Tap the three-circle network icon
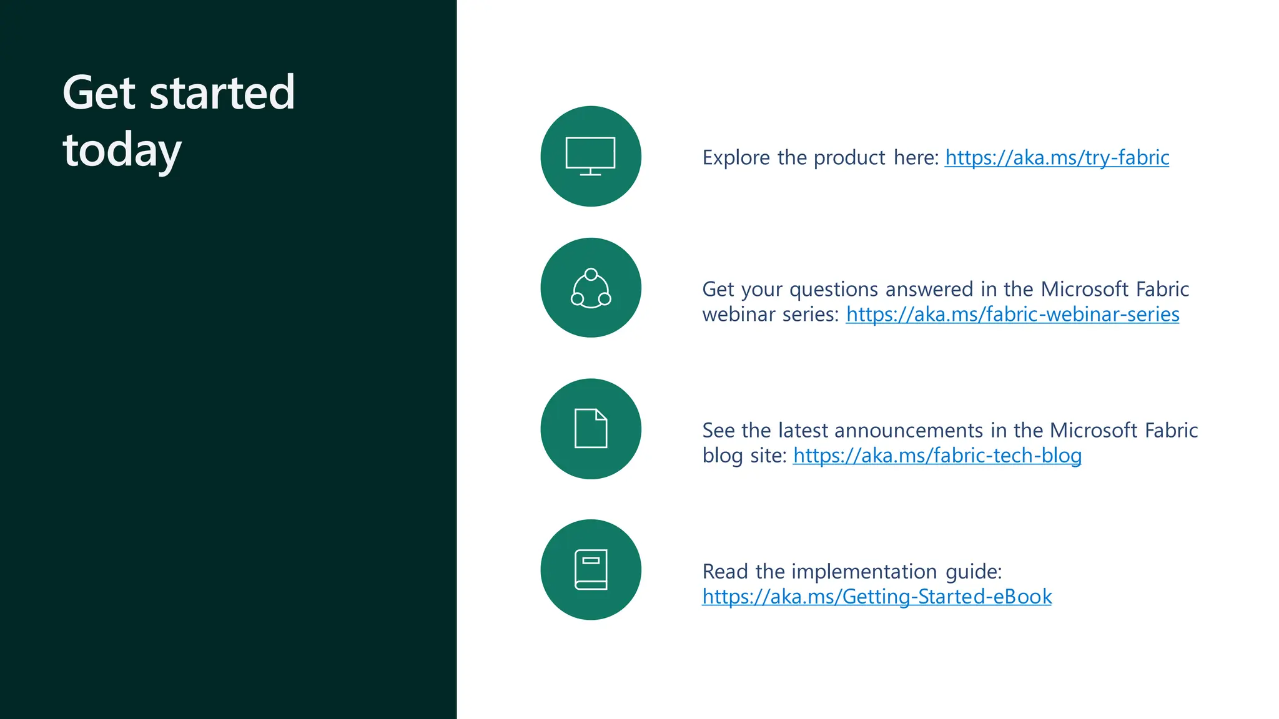pyautogui.click(x=591, y=288)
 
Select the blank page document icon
pyautogui.click(x=591, y=429)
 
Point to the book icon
pyautogui.click(x=591, y=569)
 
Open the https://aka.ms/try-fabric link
pyautogui.click(x=1057, y=158)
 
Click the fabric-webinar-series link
pyautogui.click(x=1012, y=315)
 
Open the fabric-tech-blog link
pyautogui.click(x=937, y=456)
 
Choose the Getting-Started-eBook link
pyautogui.click(x=877, y=597)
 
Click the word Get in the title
pyautogui.click(x=99, y=93)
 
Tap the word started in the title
pyautogui.click(x=222, y=93)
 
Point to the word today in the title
pyautogui.click(x=122, y=150)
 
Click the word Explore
pyautogui.click(x=736, y=158)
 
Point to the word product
pyautogui.click(x=849, y=158)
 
